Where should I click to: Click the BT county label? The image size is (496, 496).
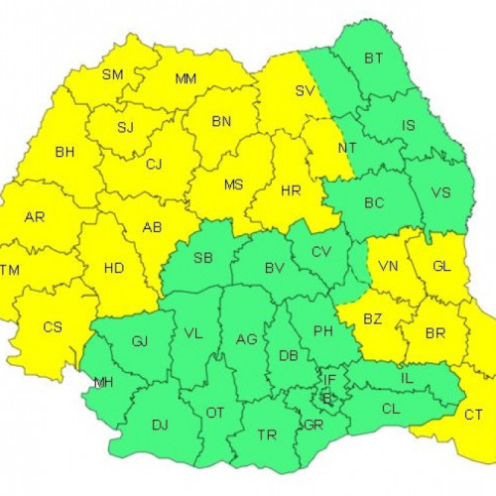pos(373,60)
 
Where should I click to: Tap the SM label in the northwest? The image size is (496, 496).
pos(113,74)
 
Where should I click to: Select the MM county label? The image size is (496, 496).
pos(186,79)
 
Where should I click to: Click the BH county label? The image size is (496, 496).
pos(65,153)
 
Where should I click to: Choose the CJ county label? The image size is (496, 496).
pos(154,165)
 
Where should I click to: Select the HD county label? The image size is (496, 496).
pos(115,266)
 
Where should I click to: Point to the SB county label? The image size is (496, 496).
pos(202,259)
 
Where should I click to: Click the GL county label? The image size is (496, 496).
pos(442,266)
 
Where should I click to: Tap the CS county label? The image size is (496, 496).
pos(53,326)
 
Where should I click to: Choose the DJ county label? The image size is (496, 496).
pos(160,425)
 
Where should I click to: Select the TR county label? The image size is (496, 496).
pos(267,434)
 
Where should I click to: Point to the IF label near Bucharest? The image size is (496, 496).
pos(328,378)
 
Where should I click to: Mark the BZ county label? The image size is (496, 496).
pos(373,319)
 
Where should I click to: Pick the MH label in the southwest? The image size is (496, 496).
pos(103,383)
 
